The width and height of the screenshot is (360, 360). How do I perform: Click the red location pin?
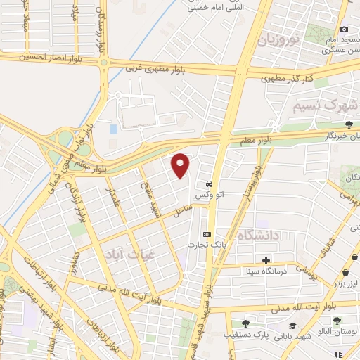click(181, 163)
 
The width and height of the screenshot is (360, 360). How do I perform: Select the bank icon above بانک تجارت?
click(206, 234)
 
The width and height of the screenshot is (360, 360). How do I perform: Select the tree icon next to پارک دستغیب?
click(237, 326)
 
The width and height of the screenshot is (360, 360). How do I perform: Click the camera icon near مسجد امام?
click(344, 29)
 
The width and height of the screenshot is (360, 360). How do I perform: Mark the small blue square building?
click(113, 129)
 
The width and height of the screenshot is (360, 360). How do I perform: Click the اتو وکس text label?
click(206, 193)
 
